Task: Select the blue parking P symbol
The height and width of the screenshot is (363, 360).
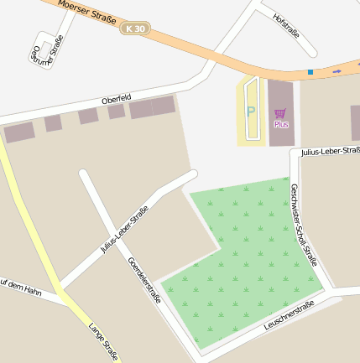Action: tap(249, 111)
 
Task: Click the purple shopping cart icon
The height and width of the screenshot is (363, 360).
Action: tap(280, 112)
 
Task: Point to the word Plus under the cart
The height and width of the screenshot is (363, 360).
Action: tap(281, 124)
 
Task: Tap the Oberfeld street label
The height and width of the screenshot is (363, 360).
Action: tap(116, 100)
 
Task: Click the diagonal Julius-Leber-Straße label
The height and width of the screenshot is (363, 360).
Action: tap(123, 231)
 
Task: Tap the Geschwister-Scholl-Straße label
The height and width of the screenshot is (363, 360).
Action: tap(304, 225)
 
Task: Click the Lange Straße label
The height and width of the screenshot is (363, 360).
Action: tap(103, 343)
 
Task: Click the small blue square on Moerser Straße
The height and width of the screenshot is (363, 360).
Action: tap(310, 72)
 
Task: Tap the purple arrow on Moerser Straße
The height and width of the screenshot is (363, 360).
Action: tap(337, 71)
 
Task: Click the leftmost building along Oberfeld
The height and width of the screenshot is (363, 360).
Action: tap(19, 132)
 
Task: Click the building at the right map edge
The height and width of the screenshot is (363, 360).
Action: tap(355, 122)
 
